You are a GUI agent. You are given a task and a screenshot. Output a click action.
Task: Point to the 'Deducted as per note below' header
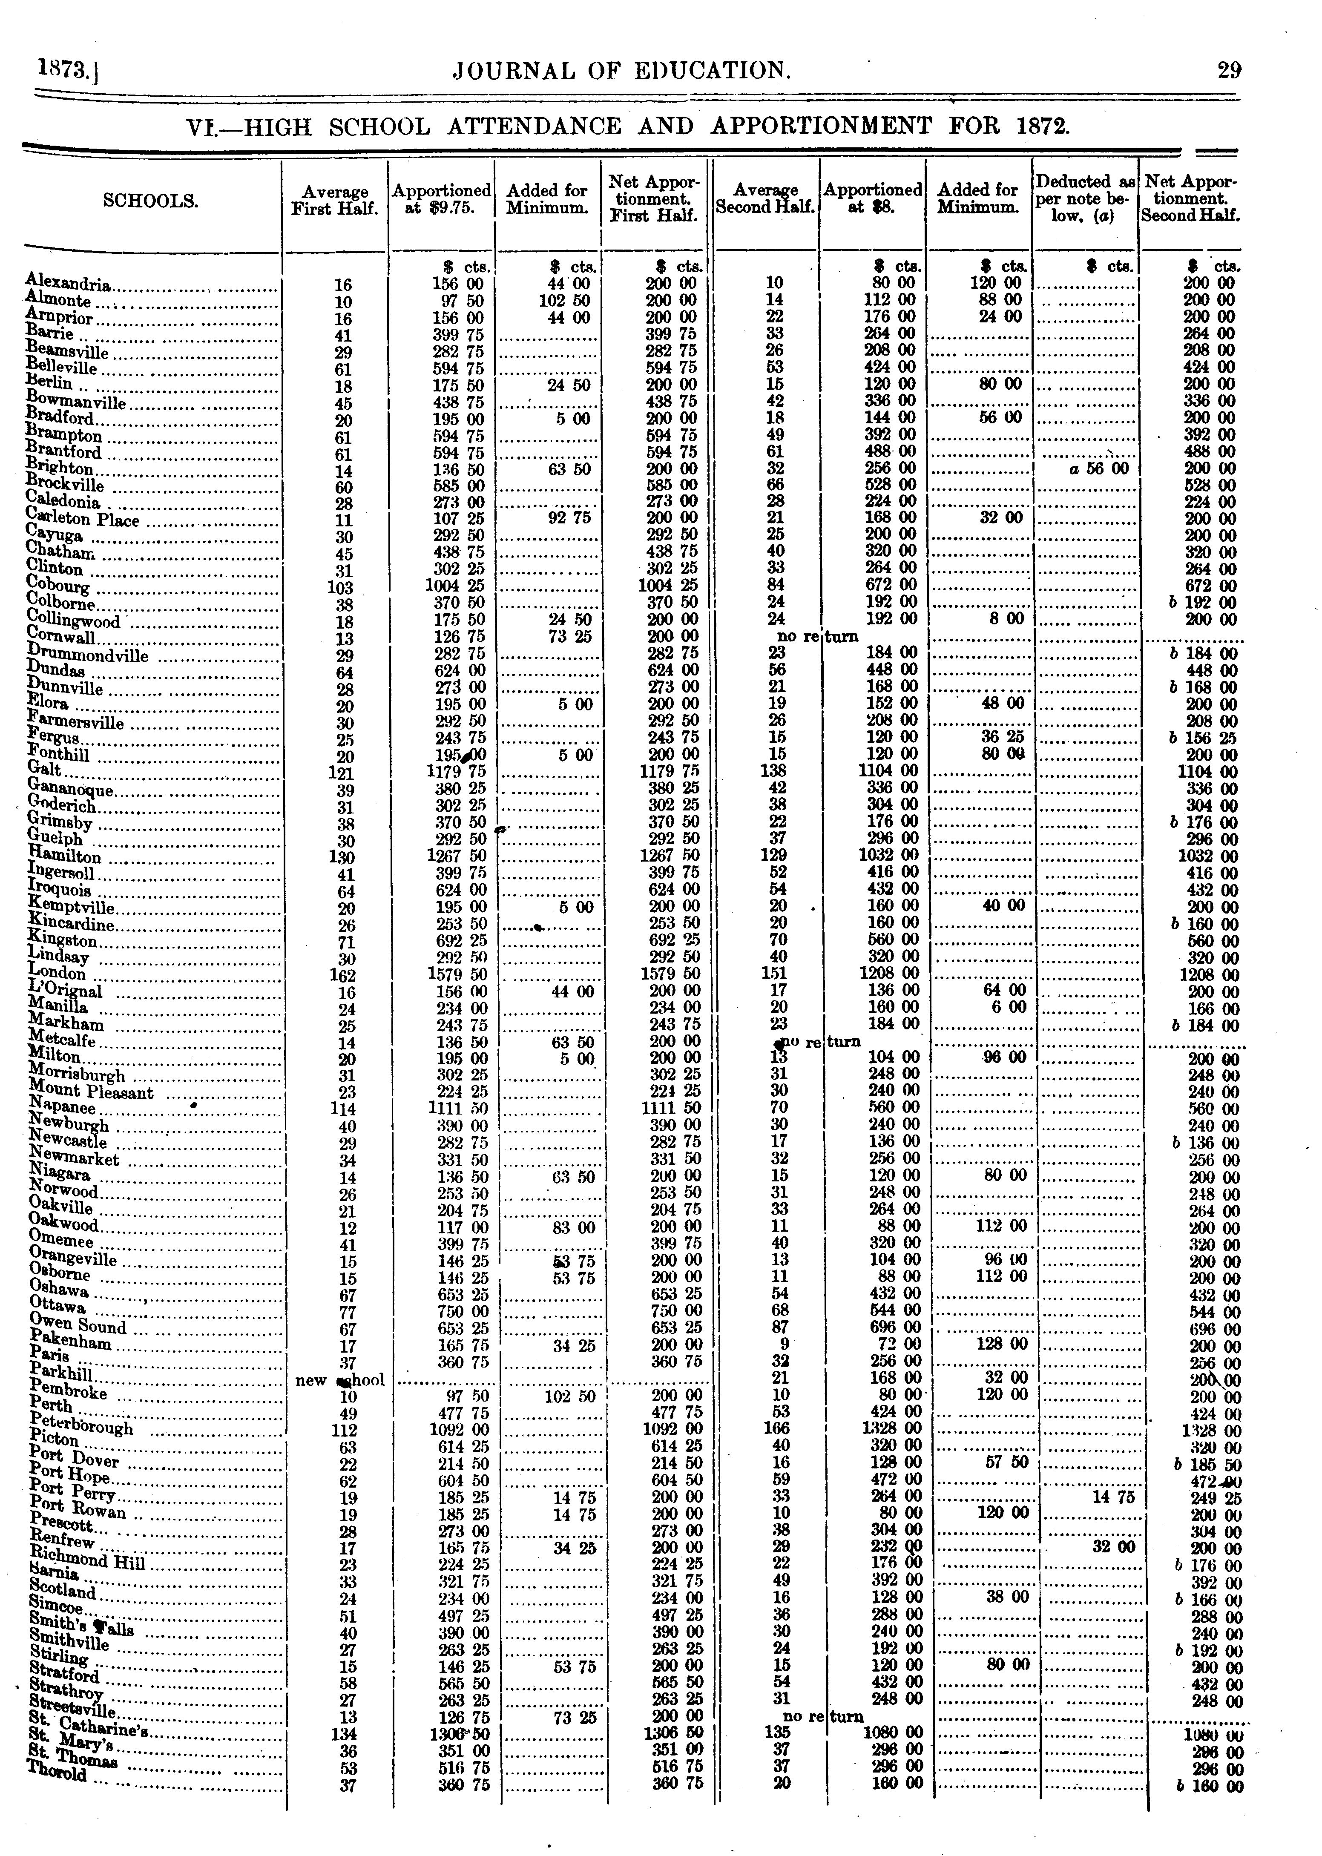tap(1085, 198)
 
